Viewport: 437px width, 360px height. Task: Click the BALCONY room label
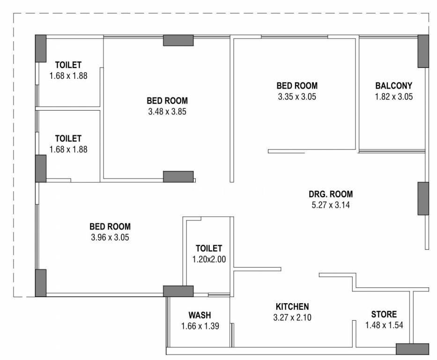click(x=393, y=86)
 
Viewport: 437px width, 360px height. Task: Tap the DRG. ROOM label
click(x=331, y=194)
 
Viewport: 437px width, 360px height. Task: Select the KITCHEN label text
click(x=292, y=307)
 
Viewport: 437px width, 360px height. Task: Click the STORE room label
click(x=384, y=314)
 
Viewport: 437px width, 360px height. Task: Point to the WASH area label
click(x=200, y=315)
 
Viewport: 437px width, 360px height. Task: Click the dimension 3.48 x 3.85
click(x=167, y=112)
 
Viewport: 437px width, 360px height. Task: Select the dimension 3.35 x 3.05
click(x=297, y=97)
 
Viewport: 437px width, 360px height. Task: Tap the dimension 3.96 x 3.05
click(x=110, y=237)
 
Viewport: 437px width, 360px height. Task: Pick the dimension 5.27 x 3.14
click(x=331, y=205)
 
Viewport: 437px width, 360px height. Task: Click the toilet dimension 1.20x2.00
click(x=209, y=259)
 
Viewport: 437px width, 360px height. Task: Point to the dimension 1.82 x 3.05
click(x=394, y=97)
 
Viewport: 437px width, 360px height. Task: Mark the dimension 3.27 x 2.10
click(x=292, y=317)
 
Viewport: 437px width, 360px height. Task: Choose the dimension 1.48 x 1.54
click(x=385, y=325)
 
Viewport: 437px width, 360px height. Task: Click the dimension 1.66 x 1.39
click(x=200, y=326)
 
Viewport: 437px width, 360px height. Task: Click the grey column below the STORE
click(x=413, y=349)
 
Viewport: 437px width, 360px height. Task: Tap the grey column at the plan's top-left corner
click(x=41, y=49)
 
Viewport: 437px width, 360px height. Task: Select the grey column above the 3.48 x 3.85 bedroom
click(x=178, y=40)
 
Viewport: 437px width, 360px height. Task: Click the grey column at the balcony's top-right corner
click(x=423, y=51)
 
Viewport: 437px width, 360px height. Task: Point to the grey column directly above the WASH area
click(x=178, y=291)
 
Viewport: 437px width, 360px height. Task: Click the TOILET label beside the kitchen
click(x=209, y=248)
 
